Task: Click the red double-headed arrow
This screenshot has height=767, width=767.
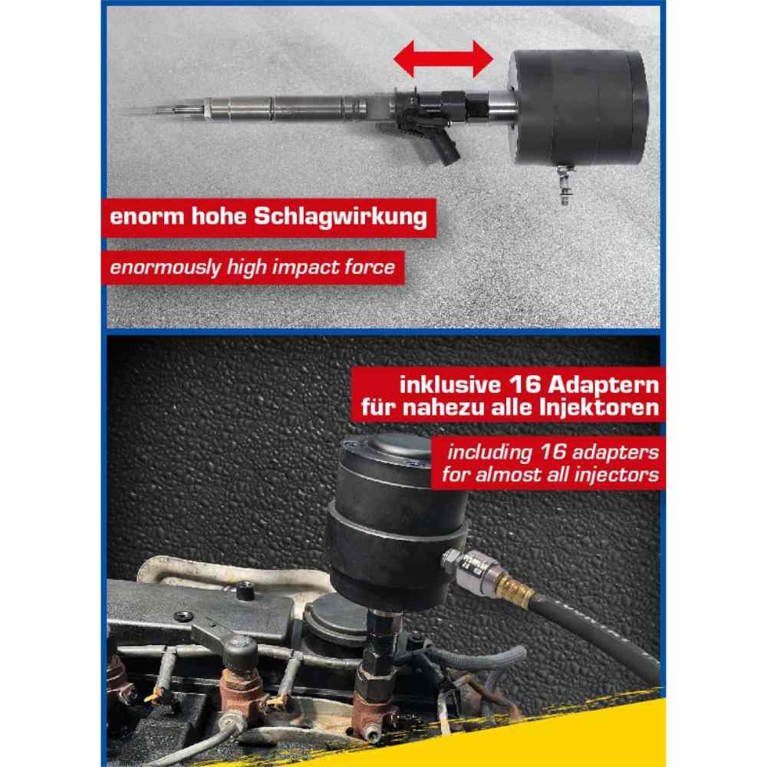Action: pos(443,59)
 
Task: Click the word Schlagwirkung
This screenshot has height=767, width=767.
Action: pos(341,216)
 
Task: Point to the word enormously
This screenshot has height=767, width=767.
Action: pos(166,268)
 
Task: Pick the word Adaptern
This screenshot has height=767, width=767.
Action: pos(603,386)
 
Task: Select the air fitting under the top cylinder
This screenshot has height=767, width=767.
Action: pos(564,184)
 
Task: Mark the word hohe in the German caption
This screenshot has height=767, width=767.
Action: pos(218,216)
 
